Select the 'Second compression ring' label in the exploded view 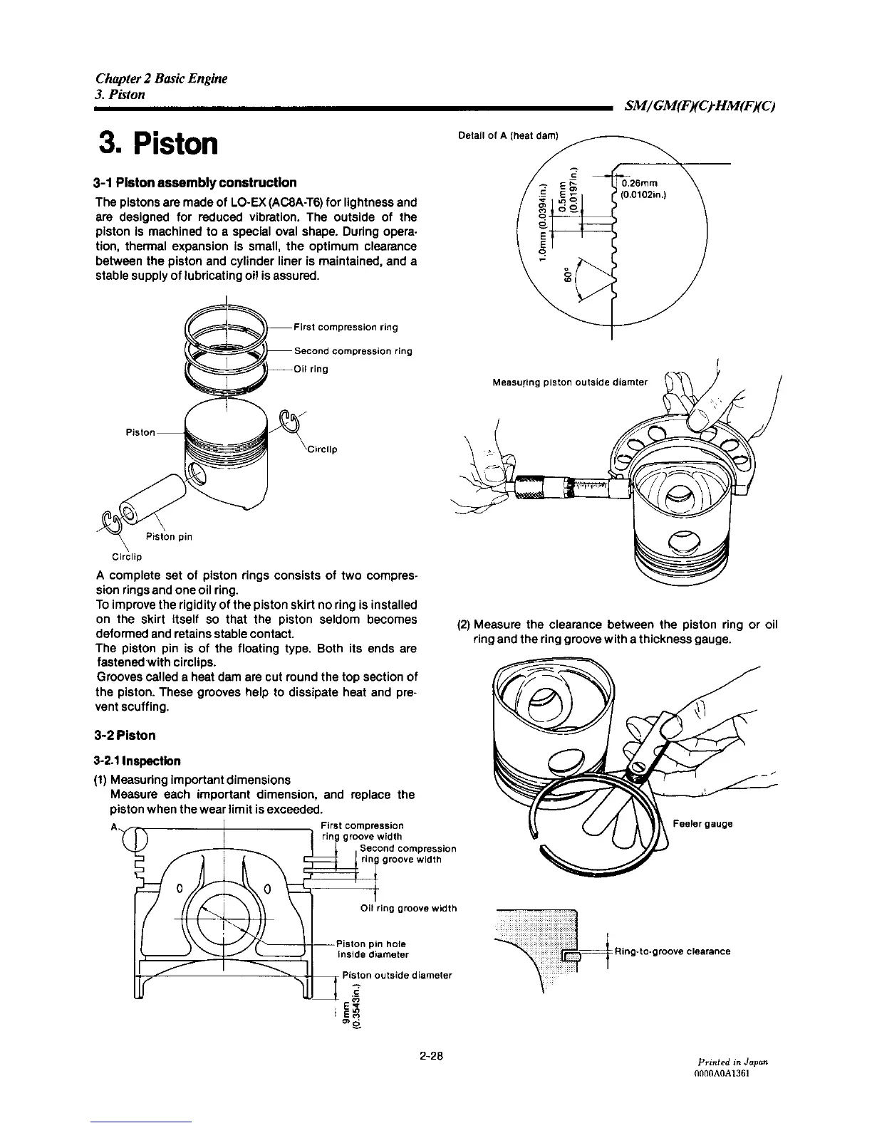(x=353, y=351)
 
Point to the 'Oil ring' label (x=311, y=369)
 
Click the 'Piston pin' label (x=169, y=536)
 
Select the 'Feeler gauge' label (x=702, y=824)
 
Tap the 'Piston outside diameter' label (x=398, y=975)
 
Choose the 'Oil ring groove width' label (x=409, y=908)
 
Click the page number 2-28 (x=432, y=1055)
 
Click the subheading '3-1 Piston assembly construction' (x=196, y=182)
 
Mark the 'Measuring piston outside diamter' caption (x=570, y=382)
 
